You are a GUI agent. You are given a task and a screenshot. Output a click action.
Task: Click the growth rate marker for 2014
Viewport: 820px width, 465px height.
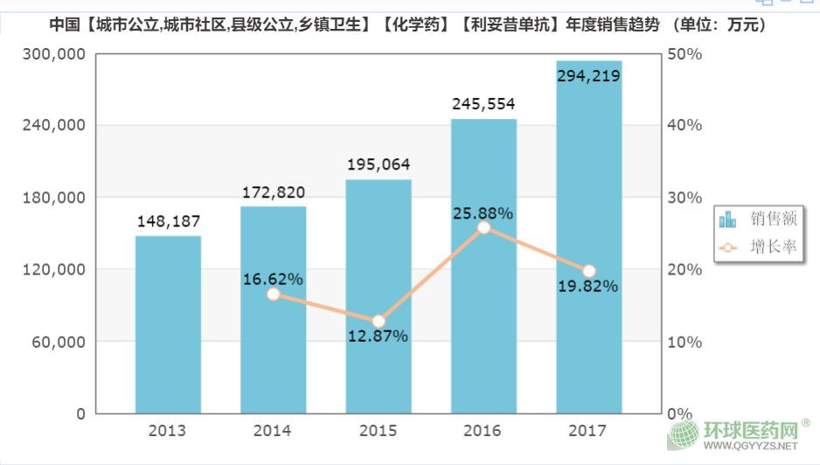pyautogui.click(x=273, y=295)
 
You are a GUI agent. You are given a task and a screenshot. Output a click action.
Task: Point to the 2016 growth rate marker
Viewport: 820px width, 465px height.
pyautogui.click(x=483, y=228)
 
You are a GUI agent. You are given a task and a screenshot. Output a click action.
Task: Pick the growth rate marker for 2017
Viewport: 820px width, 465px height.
pyautogui.click(x=588, y=271)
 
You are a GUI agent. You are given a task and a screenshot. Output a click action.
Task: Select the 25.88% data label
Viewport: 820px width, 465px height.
pyautogui.click(x=483, y=212)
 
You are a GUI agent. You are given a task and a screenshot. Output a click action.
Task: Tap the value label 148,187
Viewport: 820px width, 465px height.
pyautogui.click(x=169, y=222)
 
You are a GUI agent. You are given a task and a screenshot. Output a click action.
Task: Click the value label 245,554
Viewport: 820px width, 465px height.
pyautogui.click(x=484, y=103)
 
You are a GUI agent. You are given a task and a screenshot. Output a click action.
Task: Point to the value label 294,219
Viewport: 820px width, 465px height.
pyautogui.click(x=588, y=76)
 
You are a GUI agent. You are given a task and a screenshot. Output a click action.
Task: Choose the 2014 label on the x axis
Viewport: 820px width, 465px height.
pyautogui.click(x=273, y=431)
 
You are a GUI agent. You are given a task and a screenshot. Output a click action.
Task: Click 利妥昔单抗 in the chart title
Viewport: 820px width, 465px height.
pyautogui.click(x=510, y=26)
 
